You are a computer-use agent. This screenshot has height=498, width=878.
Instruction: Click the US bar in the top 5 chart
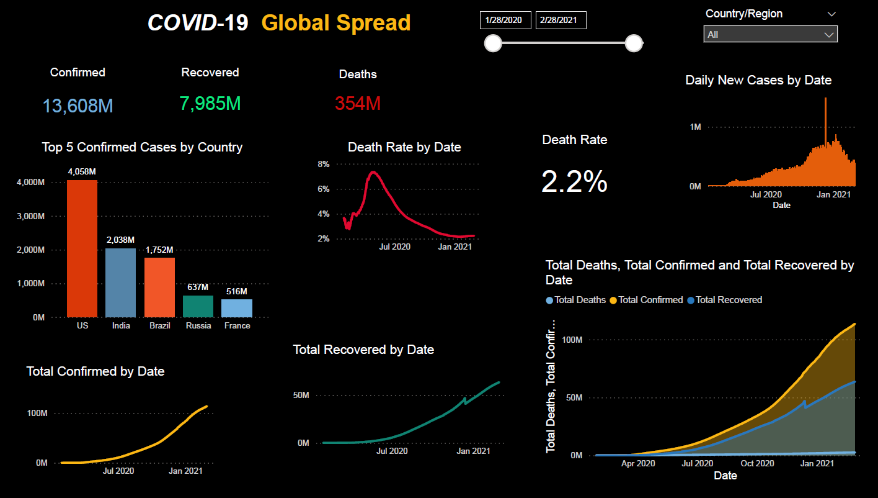point(82,248)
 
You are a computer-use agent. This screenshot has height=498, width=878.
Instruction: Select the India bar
point(120,283)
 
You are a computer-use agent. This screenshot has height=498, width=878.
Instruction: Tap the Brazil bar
point(159,287)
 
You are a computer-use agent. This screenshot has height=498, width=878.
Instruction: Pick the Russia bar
point(198,306)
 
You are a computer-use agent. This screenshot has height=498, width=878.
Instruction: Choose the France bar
point(237,308)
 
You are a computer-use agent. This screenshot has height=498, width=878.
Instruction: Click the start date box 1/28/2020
point(505,20)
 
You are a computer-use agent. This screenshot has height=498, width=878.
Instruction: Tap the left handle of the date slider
point(493,43)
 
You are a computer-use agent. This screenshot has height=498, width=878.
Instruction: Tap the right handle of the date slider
point(633,43)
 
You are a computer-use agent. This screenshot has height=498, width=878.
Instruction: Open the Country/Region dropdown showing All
point(770,35)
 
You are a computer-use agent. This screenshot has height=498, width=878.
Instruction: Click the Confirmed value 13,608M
point(78,106)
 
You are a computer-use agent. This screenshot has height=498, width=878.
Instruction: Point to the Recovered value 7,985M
point(210,104)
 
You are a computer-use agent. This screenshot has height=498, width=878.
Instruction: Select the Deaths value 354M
point(358,104)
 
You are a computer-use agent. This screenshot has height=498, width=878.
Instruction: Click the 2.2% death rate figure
point(574,182)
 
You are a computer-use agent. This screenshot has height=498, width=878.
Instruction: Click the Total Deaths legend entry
point(580,300)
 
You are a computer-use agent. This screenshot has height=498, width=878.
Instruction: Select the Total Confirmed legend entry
point(650,300)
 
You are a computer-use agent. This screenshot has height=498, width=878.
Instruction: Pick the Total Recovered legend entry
point(729,300)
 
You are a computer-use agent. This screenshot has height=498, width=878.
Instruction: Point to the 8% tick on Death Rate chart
point(324,165)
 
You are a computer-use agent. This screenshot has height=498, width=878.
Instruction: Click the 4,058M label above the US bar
point(82,171)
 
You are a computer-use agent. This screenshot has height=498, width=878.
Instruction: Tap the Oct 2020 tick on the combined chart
point(757,463)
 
